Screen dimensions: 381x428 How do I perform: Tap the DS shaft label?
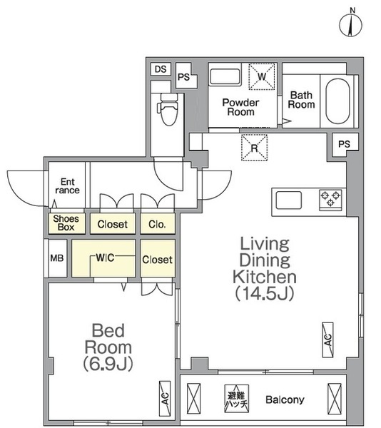click(x=161, y=69)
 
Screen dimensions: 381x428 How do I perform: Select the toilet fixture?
click(x=168, y=109)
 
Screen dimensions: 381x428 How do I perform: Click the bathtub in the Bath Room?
click(x=337, y=101)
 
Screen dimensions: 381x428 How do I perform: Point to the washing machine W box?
click(x=262, y=76)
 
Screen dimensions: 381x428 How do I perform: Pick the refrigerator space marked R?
click(x=254, y=148)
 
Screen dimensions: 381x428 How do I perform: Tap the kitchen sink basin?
click(x=288, y=200)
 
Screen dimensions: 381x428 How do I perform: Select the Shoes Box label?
click(x=66, y=223)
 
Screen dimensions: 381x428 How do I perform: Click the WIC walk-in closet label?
click(x=105, y=258)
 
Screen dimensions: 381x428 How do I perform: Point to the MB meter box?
click(x=57, y=258)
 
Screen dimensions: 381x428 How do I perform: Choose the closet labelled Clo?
click(x=158, y=224)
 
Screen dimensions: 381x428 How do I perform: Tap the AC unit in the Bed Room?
click(x=165, y=399)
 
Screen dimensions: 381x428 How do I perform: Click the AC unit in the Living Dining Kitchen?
click(x=327, y=340)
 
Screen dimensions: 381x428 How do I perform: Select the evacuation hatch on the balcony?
click(x=237, y=399)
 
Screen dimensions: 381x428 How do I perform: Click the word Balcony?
click(x=285, y=399)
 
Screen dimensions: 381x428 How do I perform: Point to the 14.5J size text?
click(x=265, y=293)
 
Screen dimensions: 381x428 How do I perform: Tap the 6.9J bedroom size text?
click(x=108, y=363)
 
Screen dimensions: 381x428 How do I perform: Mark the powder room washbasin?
click(x=225, y=76)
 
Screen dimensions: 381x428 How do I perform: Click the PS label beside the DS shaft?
click(x=183, y=77)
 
